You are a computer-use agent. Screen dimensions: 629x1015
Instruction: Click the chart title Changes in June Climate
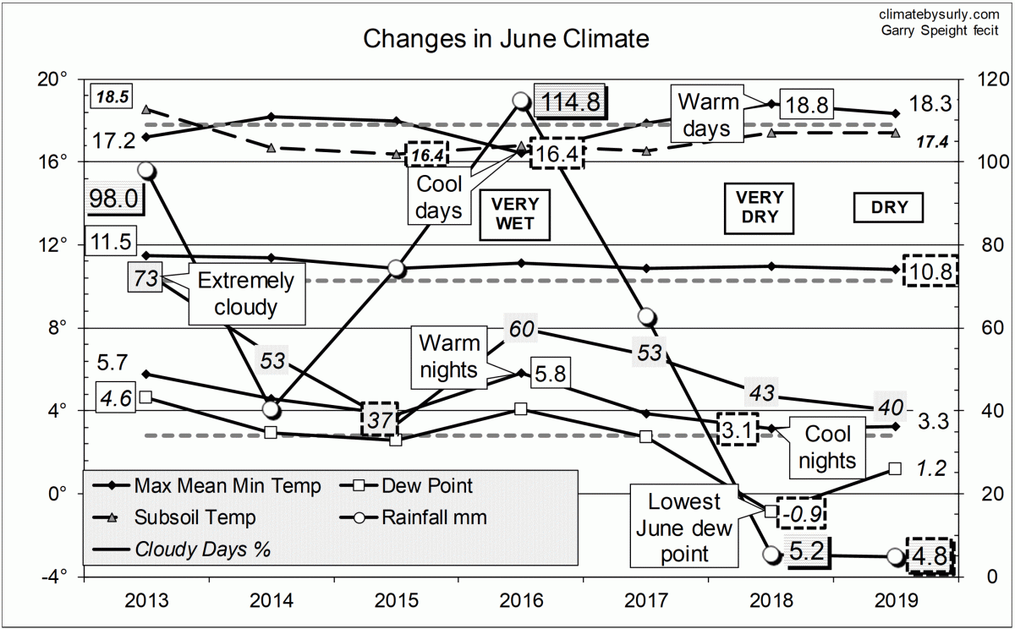[x=506, y=39]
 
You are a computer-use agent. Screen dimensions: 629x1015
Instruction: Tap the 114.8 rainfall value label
[x=570, y=101]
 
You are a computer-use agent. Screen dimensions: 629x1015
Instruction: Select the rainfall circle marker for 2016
[x=522, y=101]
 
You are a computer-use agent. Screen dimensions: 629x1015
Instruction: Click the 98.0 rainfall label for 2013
[x=116, y=200]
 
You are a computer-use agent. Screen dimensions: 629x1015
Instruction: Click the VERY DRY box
[x=760, y=209]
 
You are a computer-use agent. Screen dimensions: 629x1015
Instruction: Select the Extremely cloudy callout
[x=245, y=293]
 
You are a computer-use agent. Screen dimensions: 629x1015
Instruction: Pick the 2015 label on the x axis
[x=397, y=602]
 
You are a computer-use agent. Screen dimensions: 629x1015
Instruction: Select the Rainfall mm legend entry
[x=423, y=517]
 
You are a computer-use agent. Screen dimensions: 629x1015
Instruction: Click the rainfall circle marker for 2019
[x=896, y=555]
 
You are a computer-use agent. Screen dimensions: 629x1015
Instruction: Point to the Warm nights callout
[x=449, y=356]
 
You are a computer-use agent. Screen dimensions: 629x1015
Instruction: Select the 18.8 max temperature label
[x=806, y=105]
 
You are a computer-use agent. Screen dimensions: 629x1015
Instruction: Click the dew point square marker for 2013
[x=145, y=397]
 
